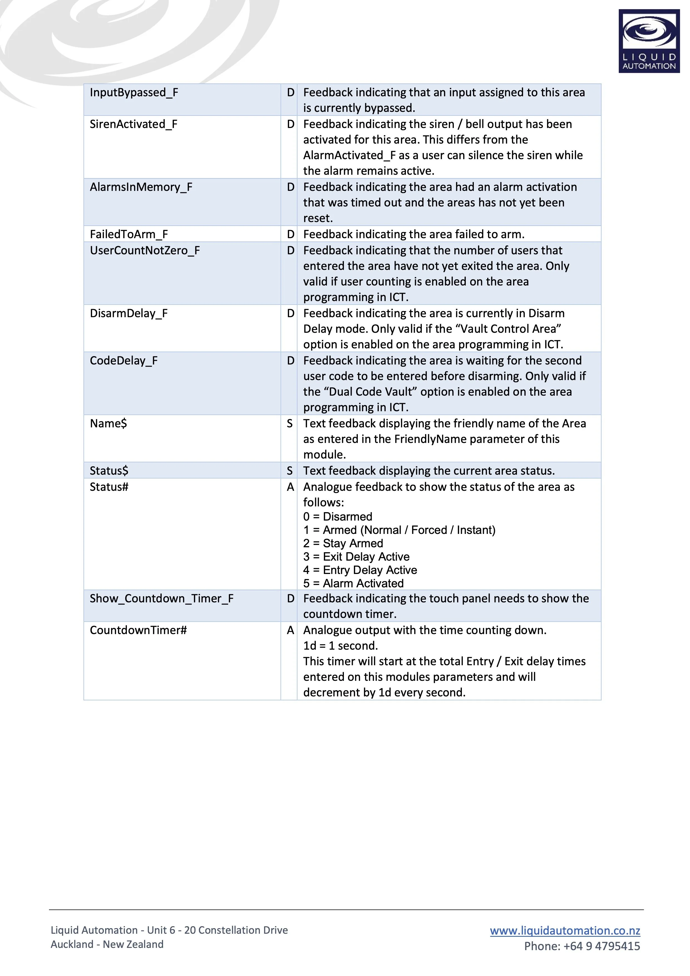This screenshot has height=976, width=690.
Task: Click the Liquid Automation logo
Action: (649, 41)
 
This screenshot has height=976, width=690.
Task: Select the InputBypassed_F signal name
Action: (134, 92)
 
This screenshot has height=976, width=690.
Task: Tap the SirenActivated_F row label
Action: (134, 124)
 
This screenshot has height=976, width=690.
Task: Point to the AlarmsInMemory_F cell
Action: (141, 187)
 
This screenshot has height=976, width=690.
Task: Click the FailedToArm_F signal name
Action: (129, 234)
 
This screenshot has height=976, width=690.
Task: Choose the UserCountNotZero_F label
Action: (145, 250)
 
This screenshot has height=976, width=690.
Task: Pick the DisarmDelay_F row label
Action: (129, 313)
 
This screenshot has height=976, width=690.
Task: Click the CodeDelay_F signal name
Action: (124, 361)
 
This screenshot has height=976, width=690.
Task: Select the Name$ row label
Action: (109, 423)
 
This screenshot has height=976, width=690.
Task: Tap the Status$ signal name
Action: (109, 470)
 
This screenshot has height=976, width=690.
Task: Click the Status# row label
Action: (109, 487)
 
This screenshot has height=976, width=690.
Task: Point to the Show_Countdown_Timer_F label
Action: (162, 598)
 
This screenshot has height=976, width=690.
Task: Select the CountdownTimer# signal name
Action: (138, 630)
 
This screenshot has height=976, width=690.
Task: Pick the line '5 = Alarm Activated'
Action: (353, 583)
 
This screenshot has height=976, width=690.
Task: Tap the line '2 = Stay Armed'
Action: (343, 543)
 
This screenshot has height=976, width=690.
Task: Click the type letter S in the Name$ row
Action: (290, 423)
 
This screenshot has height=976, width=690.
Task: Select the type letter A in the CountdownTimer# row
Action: (290, 630)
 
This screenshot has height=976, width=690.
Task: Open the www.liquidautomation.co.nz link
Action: (565, 931)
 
